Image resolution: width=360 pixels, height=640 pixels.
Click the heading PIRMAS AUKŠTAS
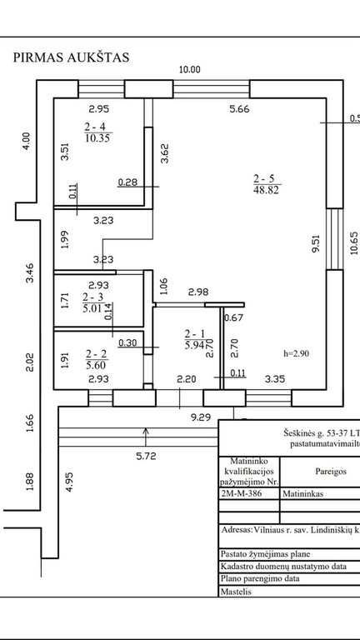pyautogui.click(x=71, y=57)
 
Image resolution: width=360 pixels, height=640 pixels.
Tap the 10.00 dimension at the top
pyautogui.click(x=190, y=69)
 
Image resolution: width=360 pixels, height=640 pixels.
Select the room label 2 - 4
pyautogui.click(x=98, y=127)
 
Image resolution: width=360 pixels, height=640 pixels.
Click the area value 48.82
pyautogui.click(x=266, y=190)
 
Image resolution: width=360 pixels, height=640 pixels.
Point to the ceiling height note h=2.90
pyautogui.click(x=296, y=353)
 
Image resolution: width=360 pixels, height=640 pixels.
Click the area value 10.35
pyautogui.click(x=98, y=137)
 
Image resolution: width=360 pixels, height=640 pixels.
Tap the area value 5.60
pyautogui.click(x=97, y=363)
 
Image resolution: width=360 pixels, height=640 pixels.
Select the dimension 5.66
pyautogui.click(x=239, y=109)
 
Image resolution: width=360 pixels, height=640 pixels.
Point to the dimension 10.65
pyautogui.click(x=354, y=242)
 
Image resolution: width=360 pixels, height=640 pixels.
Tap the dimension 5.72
pyautogui.click(x=146, y=457)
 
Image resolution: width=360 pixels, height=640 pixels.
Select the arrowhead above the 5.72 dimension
pyautogui.click(x=146, y=431)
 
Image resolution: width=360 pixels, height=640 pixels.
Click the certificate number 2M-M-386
pyautogui.click(x=241, y=494)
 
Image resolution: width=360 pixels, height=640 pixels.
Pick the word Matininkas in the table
pyautogui.click(x=302, y=494)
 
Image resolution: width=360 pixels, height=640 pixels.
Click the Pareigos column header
pyautogui.click(x=331, y=471)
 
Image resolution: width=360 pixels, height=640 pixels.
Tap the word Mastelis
pyautogui.click(x=236, y=592)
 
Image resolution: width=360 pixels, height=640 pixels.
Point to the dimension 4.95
pyautogui.click(x=69, y=482)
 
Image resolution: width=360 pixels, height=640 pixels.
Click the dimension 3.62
pyautogui.click(x=164, y=153)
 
